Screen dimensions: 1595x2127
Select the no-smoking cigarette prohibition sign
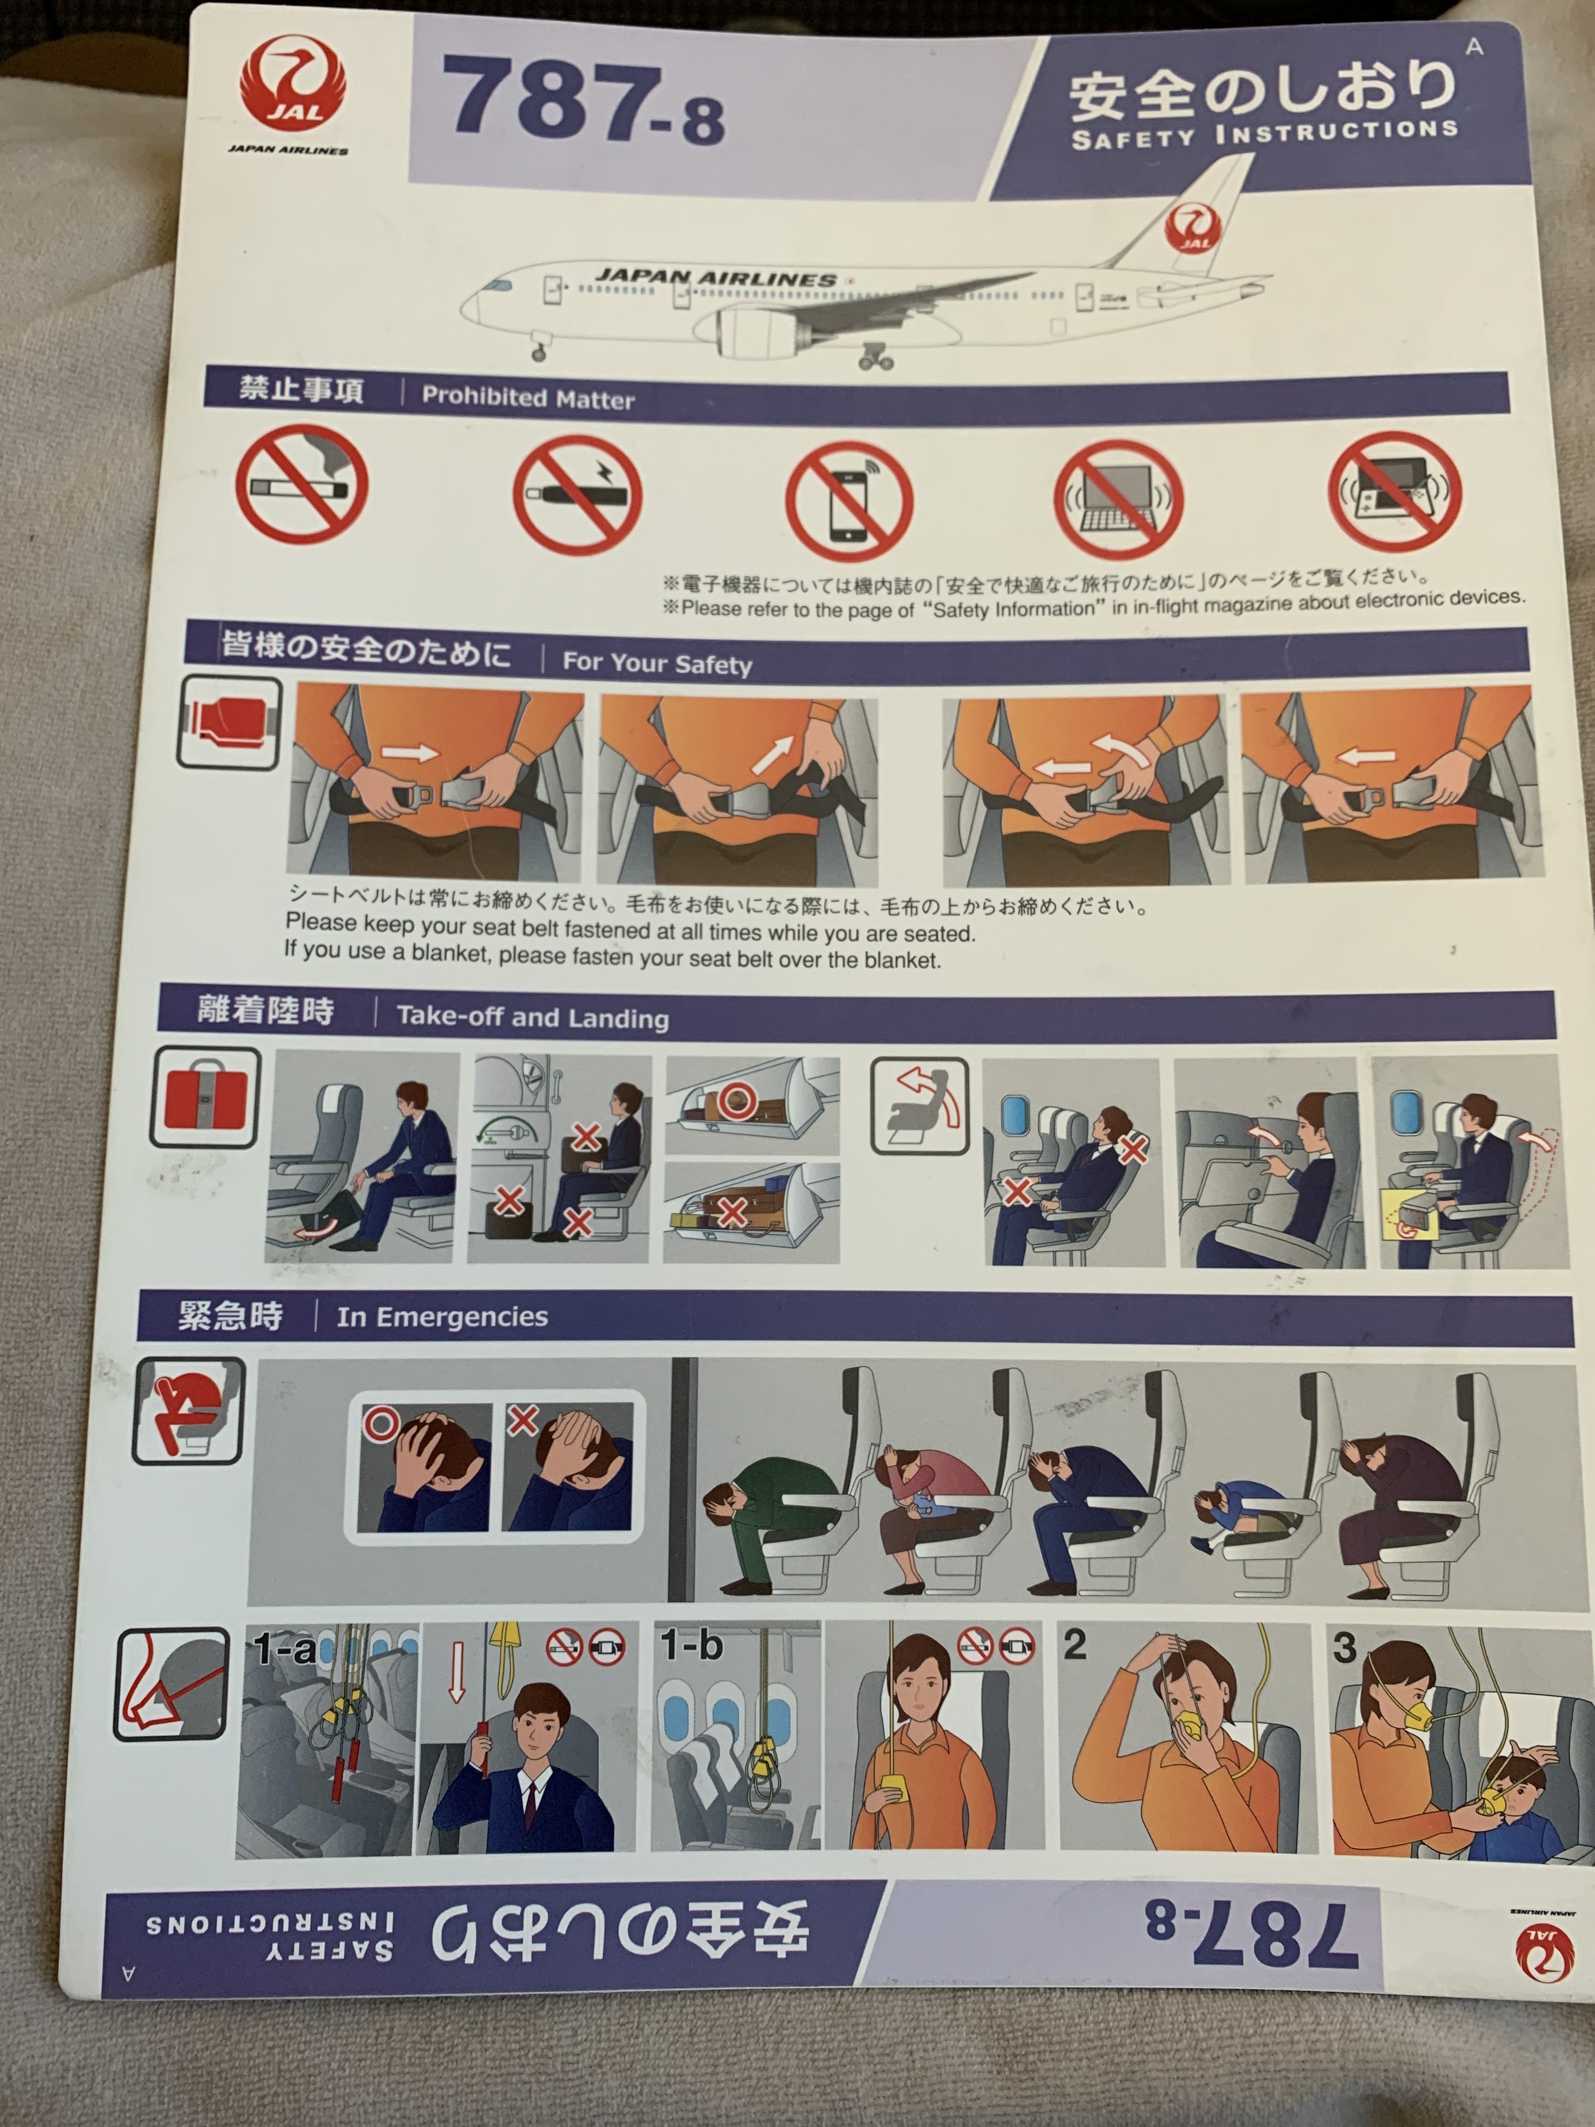coord(302,486)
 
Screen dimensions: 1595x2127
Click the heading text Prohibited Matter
coord(528,397)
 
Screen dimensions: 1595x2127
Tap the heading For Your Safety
coord(657,663)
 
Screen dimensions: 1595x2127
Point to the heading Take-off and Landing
coord(533,1018)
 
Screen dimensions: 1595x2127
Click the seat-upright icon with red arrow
coord(920,1106)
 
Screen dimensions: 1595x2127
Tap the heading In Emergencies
coord(442,1316)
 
